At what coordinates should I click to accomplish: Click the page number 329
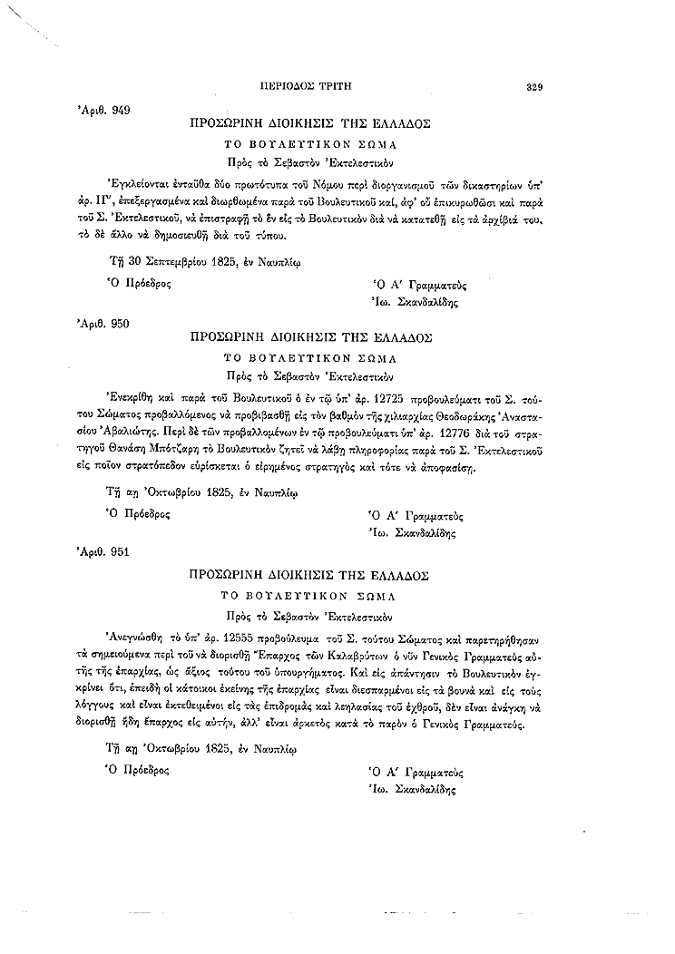coord(534,88)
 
